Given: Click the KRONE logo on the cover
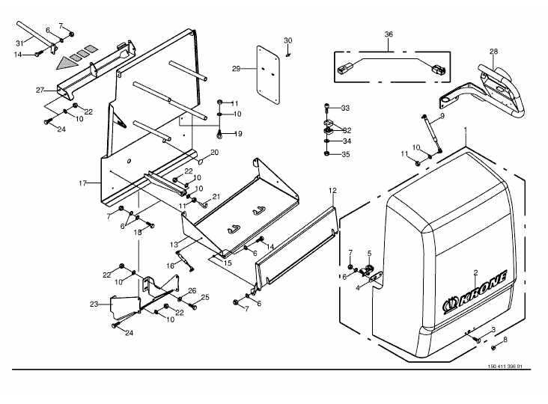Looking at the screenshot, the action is [475, 291].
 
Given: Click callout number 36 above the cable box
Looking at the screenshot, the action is [389, 34].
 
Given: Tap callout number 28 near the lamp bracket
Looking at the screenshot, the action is [493, 52].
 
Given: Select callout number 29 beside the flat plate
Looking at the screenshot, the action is [237, 69].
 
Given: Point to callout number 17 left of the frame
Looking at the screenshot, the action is [82, 183].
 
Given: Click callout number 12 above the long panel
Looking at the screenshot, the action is [332, 191].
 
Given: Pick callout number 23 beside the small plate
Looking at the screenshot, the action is [94, 304].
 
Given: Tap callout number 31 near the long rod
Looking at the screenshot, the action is [19, 43].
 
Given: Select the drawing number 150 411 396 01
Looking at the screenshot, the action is [505, 367].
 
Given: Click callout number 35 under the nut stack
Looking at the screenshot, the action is [346, 154].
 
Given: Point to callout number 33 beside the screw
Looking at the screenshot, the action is [345, 108].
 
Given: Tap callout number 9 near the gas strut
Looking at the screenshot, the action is [442, 115].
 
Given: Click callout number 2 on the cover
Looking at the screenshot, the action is [475, 272].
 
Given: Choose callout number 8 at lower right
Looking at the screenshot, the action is [505, 340].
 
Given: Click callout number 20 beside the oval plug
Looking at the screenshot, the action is [214, 152].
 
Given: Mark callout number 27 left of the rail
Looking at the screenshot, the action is [40, 90].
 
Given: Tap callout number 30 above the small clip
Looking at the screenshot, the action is [287, 40].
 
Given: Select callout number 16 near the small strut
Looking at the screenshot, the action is [170, 266].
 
